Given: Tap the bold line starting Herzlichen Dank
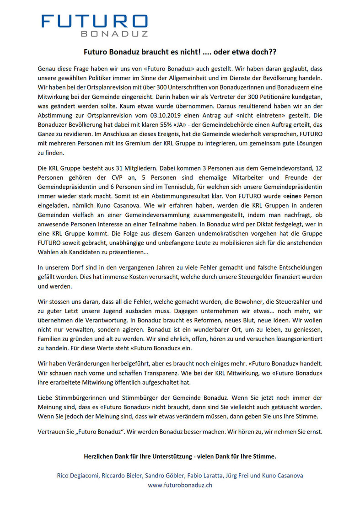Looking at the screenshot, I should point(180,456).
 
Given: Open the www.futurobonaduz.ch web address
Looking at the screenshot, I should point(180,485).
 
